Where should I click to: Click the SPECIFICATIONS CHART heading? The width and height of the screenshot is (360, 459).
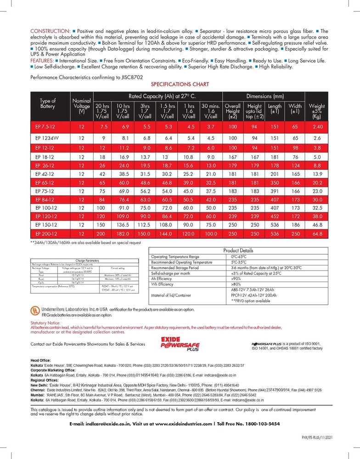tap(180, 84)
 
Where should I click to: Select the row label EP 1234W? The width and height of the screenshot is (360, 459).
tap(48, 137)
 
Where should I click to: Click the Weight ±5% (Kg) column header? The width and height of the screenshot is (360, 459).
tap(316, 109)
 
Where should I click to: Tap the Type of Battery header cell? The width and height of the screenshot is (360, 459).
tap(48, 104)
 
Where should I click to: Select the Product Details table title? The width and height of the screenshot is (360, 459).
tap(237, 251)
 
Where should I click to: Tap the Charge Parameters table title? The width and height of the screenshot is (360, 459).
tap(87, 260)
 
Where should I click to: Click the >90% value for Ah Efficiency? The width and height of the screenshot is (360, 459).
tap(236, 279)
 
